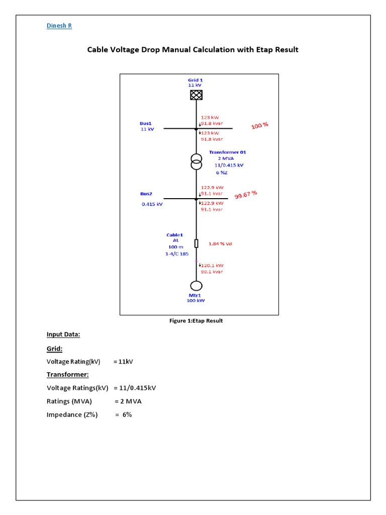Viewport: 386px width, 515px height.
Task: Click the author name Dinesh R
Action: click(x=59, y=26)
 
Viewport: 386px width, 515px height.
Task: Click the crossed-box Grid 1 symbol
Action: click(x=196, y=95)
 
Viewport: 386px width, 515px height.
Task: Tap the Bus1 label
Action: click(x=146, y=123)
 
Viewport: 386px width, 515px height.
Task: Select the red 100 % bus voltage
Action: click(x=260, y=125)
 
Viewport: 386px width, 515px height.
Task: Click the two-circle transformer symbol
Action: click(x=196, y=162)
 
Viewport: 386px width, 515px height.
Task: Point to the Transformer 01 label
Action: click(x=228, y=152)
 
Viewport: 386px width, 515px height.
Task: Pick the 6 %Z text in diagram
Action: click(x=222, y=172)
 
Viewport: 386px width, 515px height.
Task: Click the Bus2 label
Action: click(x=146, y=194)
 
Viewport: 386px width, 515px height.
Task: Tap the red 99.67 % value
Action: click(x=246, y=195)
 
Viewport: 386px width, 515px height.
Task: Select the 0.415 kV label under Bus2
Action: click(x=152, y=204)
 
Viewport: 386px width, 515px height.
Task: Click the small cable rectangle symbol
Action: click(x=197, y=243)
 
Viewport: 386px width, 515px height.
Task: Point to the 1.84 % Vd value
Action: click(x=220, y=244)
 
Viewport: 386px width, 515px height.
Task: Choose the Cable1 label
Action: click(x=175, y=234)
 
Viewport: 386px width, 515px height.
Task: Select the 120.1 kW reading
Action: click(x=212, y=265)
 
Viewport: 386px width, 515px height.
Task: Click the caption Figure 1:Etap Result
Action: click(x=196, y=321)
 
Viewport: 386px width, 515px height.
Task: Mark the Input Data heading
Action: click(x=63, y=334)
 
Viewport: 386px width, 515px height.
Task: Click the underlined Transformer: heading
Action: click(x=68, y=375)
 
